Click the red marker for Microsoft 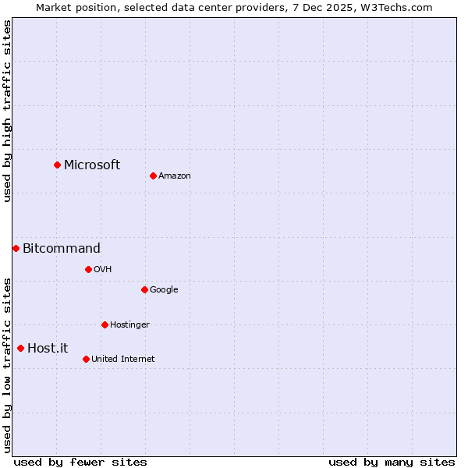[x=57, y=165]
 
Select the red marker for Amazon [x=153, y=175]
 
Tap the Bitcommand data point [x=16, y=248]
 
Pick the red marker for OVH [x=88, y=269]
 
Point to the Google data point [x=144, y=289]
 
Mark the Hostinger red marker [x=105, y=324]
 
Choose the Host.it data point [x=20, y=348]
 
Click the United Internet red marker [x=86, y=359]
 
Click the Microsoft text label [x=92, y=165]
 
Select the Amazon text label [x=175, y=176]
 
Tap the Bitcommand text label [x=62, y=249]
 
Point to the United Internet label [x=123, y=360]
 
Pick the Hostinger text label [x=129, y=325]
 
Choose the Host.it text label [x=48, y=349]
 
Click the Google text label [x=164, y=290]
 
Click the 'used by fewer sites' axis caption [x=80, y=462]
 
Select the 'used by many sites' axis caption [x=392, y=462]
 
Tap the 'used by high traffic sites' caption [x=7, y=111]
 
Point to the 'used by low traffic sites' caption [x=7, y=365]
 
